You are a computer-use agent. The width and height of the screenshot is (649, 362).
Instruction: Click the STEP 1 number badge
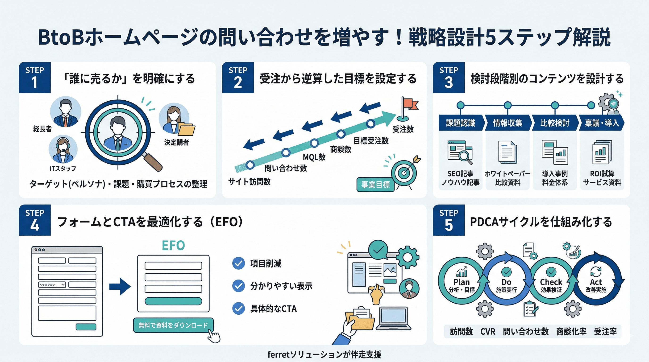coord(35,78)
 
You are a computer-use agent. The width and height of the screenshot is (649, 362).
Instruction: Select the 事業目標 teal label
coord(375,185)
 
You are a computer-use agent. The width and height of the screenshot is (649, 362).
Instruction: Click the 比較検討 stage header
coord(554,123)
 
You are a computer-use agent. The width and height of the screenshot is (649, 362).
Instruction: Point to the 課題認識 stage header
coord(461,123)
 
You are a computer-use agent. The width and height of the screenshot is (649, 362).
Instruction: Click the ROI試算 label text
coord(602,173)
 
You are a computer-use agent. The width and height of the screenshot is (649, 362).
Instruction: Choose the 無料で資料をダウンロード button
coord(173,325)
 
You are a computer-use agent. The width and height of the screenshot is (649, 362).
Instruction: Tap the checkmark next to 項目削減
coord(238,263)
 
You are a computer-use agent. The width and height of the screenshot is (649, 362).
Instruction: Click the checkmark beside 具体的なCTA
coord(238,308)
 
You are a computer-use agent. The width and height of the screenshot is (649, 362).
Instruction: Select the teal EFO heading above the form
coord(173,245)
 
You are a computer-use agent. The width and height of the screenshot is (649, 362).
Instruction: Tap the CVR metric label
coord(487,332)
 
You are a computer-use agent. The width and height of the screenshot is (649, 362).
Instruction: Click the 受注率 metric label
coord(605,332)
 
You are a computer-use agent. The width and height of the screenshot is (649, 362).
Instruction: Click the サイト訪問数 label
coord(249,181)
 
